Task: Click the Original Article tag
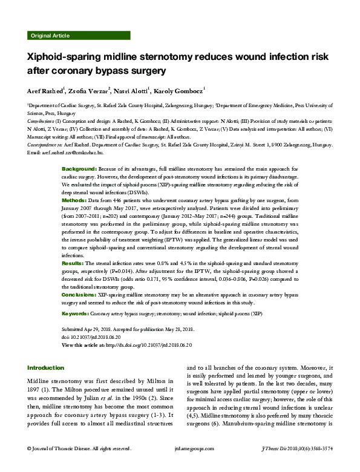coord(49,36)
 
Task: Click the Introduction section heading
coord(46,367)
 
